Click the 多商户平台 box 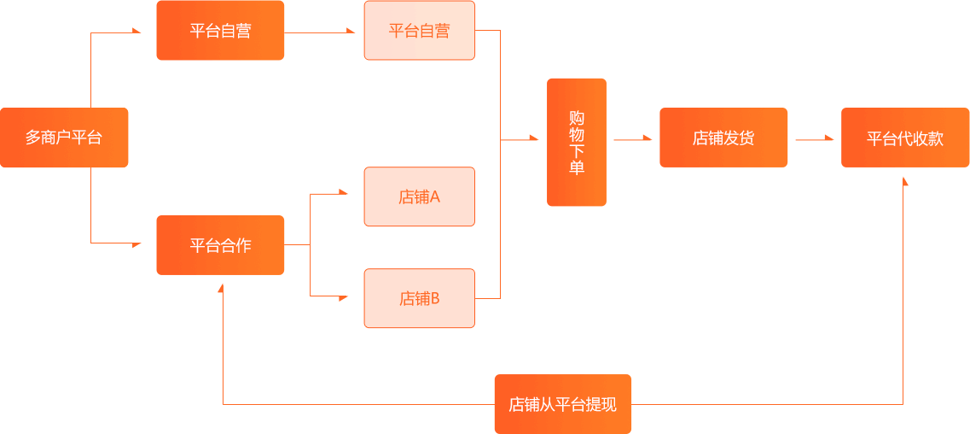click(64, 138)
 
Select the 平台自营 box click(220, 31)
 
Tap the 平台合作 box click(220, 245)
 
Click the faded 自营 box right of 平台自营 click(419, 31)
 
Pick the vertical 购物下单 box click(577, 142)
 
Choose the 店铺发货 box click(723, 138)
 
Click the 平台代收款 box click(905, 138)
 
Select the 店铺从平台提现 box click(563, 404)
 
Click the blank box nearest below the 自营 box click(419, 196)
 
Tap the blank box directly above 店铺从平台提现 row click(419, 298)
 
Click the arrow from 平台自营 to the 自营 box click(320, 32)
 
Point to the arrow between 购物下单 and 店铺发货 click(632, 138)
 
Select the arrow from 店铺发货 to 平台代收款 click(814, 138)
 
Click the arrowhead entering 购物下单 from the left click(534, 138)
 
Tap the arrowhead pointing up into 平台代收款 click(904, 181)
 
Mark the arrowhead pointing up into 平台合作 click(221, 289)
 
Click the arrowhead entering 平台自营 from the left click(136, 32)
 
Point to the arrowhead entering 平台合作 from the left click(136, 244)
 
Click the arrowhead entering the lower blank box click(345, 297)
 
